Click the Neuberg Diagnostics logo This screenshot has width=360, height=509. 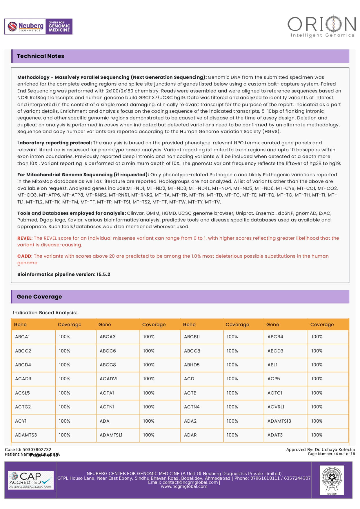click(38, 27)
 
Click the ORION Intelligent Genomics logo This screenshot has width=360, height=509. click(321, 26)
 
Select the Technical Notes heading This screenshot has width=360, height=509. click(41, 56)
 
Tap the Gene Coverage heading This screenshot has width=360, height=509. click(39, 297)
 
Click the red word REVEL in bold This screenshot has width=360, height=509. click(24, 238)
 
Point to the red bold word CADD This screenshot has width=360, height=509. click(24, 256)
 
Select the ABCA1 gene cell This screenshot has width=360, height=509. click(22, 337)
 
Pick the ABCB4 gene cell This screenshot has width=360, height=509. click(275, 337)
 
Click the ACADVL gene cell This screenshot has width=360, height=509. click(109, 379)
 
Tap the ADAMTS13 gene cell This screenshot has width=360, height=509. click(279, 421)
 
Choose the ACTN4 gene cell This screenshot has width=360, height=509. click(192, 407)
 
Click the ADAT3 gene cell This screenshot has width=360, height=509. click(275, 435)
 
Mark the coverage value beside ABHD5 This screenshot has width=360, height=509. click(232, 365)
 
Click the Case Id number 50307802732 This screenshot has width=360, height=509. click(37, 450)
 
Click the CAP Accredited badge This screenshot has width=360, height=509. click(31, 480)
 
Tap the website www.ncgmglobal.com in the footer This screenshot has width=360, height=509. click(184, 486)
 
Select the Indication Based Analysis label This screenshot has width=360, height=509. click(45, 313)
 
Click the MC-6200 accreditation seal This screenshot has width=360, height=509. click(332, 480)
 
